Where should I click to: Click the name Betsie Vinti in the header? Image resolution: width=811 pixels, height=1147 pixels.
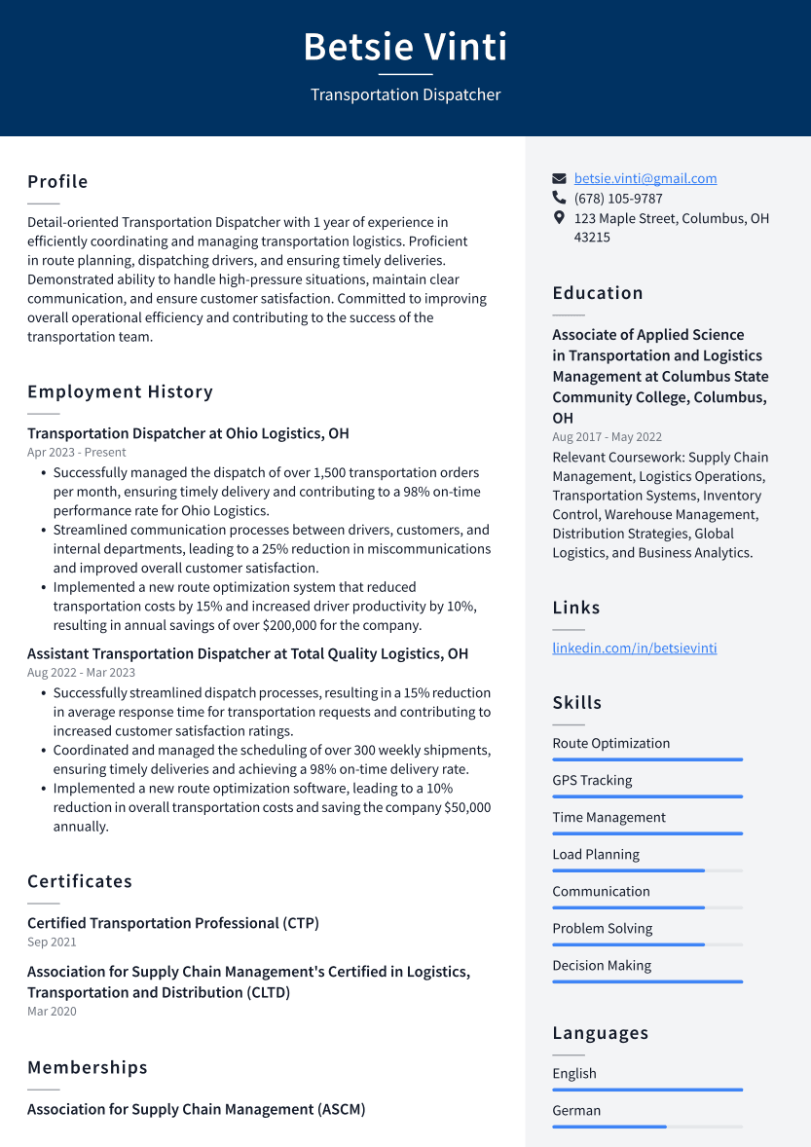pyautogui.click(x=405, y=47)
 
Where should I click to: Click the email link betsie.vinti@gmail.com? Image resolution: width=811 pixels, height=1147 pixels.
pyautogui.click(x=645, y=178)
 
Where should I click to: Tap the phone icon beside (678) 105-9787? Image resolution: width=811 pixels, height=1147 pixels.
pyautogui.click(x=559, y=198)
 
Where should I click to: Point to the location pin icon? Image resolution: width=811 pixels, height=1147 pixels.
pyautogui.click(x=559, y=218)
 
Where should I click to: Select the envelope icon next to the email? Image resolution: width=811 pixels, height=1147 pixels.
pyautogui.click(x=559, y=178)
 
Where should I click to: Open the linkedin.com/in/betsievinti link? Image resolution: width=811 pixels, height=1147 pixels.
pyautogui.click(x=634, y=647)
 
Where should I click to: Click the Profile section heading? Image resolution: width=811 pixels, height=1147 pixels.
pyautogui.click(x=57, y=182)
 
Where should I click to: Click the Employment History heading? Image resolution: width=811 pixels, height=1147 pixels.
pyautogui.click(x=120, y=392)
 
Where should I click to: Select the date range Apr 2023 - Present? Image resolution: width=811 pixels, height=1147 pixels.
pyautogui.click(x=77, y=453)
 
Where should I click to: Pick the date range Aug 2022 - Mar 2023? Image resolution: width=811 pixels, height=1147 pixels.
pyautogui.click(x=81, y=673)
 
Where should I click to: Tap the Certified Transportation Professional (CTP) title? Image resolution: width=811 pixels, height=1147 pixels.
pyautogui.click(x=173, y=923)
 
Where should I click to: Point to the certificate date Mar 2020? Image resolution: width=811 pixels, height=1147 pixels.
pyautogui.click(x=52, y=1012)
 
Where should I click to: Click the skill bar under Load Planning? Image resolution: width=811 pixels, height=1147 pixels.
pyautogui.click(x=646, y=870)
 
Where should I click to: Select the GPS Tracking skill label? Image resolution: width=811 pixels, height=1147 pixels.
pyautogui.click(x=592, y=780)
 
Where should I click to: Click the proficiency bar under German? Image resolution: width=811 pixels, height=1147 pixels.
pyautogui.click(x=646, y=1127)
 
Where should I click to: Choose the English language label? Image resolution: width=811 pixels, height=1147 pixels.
pyautogui.click(x=574, y=1073)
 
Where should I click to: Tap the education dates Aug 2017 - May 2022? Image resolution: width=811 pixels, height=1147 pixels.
pyautogui.click(x=607, y=437)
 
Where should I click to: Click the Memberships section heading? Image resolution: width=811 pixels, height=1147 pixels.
pyautogui.click(x=88, y=1068)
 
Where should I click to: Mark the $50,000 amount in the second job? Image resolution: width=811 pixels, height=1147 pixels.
pyautogui.click(x=467, y=807)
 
